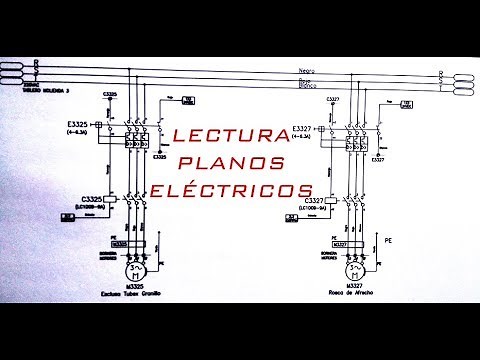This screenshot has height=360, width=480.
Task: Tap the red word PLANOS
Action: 239,162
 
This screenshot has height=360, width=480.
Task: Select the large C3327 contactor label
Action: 313,201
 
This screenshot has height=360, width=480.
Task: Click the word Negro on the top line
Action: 307,70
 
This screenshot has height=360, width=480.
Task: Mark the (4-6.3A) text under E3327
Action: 303,138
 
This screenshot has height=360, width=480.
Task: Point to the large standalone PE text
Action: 387,241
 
